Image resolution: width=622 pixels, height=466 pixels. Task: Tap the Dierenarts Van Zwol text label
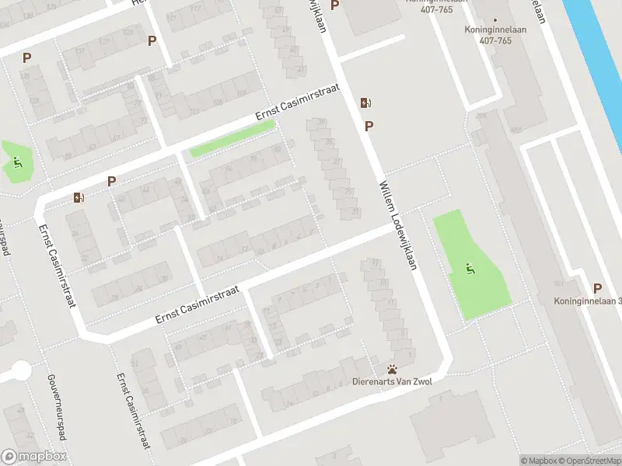click(393, 381)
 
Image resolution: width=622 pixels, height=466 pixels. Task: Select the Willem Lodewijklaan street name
click(398, 226)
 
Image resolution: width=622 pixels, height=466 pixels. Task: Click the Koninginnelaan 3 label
click(588, 301)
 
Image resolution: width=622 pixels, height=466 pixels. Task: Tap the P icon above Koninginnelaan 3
click(596, 287)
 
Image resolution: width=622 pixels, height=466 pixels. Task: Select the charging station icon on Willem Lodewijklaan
click(365, 103)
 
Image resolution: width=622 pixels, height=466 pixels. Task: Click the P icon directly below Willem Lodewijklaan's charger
click(369, 125)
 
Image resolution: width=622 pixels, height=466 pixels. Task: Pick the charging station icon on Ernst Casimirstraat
click(79, 197)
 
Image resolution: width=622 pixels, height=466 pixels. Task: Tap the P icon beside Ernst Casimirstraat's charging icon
click(111, 181)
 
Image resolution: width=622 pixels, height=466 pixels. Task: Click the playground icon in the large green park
click(470, 269)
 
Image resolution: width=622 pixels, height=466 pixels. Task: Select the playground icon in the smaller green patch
click(18, 162)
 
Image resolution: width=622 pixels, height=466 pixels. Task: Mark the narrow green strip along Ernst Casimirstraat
click(232, 137)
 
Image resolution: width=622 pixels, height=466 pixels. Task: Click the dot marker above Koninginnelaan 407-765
click(495, 21)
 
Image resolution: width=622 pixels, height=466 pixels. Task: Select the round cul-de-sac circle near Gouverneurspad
click(21, 370)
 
